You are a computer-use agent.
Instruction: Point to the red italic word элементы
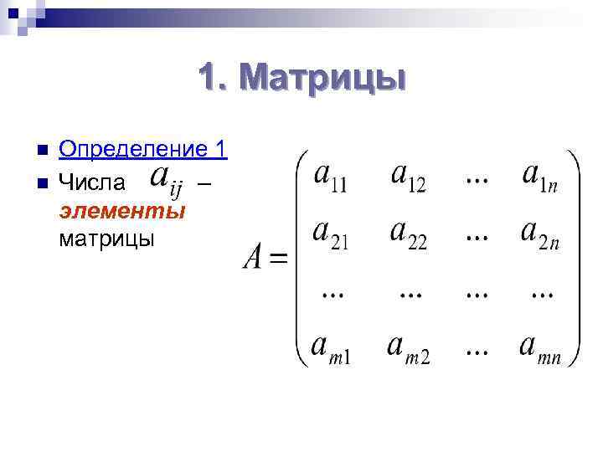click(122, 209)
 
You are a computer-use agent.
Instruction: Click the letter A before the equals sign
click(255, 257)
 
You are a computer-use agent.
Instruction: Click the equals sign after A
click(279, 259)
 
